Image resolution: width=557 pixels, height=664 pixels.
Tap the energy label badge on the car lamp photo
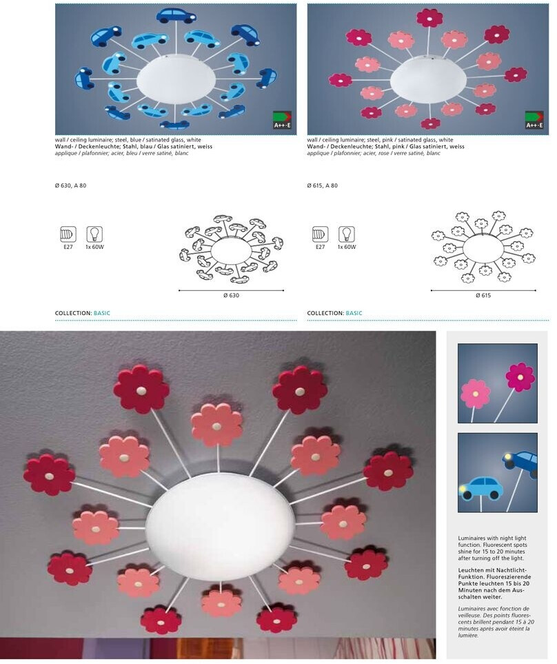coord(282,120)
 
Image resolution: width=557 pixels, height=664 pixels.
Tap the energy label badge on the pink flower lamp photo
coord(534,120)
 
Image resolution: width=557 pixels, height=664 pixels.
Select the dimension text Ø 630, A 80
coord(71,185)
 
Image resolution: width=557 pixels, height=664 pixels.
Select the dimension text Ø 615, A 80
coord(323,185)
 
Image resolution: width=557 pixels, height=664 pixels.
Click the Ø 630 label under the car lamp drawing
coord(231,295)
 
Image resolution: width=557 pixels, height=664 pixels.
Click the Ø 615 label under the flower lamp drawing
coord(483,295)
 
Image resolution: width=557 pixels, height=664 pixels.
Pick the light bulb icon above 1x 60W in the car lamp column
coord(94,234)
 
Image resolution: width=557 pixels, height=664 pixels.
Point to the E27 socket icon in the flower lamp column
coord(321,234)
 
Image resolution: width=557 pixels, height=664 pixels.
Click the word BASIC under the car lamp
coord(101,313)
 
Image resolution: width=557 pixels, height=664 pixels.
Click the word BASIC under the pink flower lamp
coord(354,313)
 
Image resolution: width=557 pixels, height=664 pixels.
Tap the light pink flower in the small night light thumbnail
coord(475,394)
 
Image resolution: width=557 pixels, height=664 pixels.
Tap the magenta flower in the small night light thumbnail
coord(520,377)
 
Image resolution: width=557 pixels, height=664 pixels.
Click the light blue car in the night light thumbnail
coord(480,488)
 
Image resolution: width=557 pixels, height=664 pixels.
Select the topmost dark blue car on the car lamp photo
coord(176,16)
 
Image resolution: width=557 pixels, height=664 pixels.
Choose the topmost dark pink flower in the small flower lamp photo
coord(429,18)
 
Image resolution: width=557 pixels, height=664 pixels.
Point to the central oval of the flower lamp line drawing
coord(483,247)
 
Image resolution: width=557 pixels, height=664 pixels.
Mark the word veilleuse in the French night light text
coord(470,615)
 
